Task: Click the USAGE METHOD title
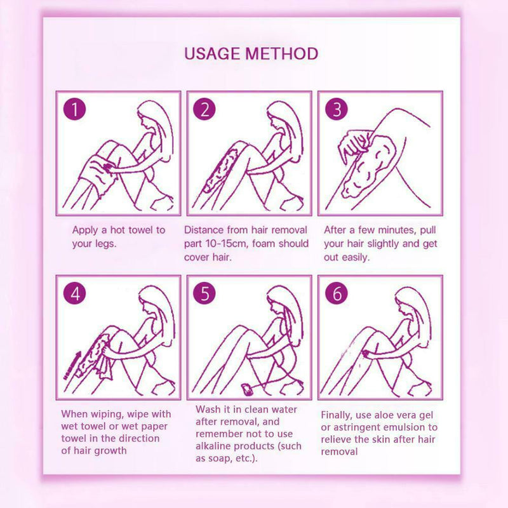click(x=251, y=53)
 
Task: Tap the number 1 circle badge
click(x=76, y=109)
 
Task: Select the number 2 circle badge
click(x=204, y=109)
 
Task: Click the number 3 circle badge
click(x=336, y=109)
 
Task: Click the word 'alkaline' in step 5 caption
click(x=215, y=446)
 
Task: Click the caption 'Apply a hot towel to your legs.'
click(x=118, y=236)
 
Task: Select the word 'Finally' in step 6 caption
click(x=337, y=413)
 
